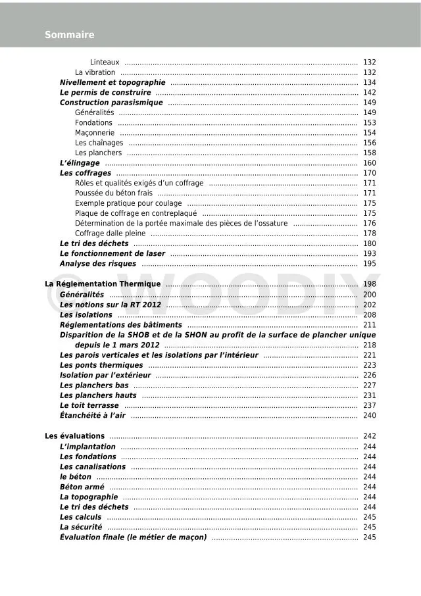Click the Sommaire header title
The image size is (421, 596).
tap(69, 35)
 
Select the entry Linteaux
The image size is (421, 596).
tap(105, 62)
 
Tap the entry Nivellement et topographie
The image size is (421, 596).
tap(112, 83)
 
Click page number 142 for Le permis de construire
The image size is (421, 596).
tap(369, 93)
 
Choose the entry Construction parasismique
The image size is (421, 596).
tap(111, 103)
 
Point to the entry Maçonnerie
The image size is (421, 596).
tap(95, 133)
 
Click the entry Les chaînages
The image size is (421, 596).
tap(99, 143)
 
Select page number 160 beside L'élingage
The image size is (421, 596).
tap(369, 163)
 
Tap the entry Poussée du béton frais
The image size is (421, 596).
tap(114, 193)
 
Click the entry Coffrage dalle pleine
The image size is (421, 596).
tap(110, 234)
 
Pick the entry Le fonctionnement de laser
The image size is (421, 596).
tap(112, 253)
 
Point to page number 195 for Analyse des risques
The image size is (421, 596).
tap(369, 264)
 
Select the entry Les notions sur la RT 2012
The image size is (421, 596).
tap(111, 305)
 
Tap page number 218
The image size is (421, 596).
tap(369, 345)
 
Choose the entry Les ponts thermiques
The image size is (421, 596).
tap(101, 365)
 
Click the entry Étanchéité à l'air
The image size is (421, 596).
tap(92, 415)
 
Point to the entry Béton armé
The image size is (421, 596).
tap(82, 487)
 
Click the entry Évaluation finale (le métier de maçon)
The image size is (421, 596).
tap(134, 537)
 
